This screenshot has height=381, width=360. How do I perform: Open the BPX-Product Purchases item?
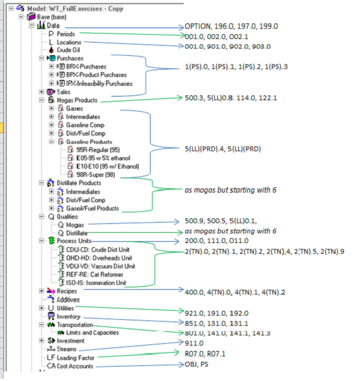pyautogui.click(x=100, y=75)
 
